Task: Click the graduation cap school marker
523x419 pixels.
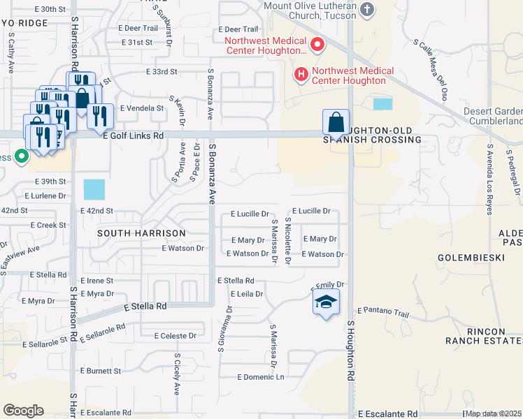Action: pos(324,303)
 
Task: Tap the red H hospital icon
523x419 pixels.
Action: pos(301,73)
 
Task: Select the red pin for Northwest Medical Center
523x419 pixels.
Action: pos(317,45)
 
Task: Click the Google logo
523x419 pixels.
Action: pos(23,410)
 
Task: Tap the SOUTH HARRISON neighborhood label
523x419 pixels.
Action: pos(141,233)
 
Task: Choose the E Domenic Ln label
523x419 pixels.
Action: pos(261,378)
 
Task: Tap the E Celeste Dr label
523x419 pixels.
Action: pos(174,336)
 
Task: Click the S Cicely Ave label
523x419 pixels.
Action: pos(177,378)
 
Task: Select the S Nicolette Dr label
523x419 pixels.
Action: pos(287,240)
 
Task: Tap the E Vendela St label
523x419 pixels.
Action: pos(142,108)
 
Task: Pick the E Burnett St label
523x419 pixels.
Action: pos(101,371)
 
